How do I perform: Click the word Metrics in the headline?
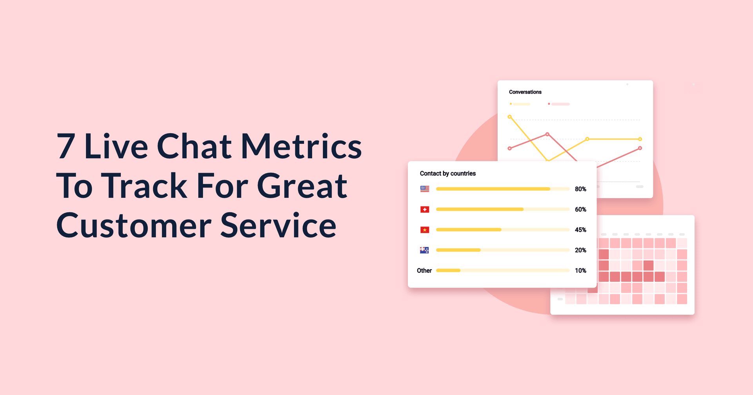point(301,146)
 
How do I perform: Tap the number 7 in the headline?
point(66,146)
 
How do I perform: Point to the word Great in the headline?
point(302,186)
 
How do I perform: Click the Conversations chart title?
point(525,92)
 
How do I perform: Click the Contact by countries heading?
point(448,174)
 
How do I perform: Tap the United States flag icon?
point(425,189)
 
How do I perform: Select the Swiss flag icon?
point(425,210)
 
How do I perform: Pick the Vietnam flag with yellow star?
point(425,230)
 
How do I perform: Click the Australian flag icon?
point(425,250)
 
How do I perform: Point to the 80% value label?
point(580,189)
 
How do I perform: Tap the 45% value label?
point(580,230)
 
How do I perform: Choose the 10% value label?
point(580,271)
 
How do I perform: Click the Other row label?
point(424,271)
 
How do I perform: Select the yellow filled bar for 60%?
point(480,209)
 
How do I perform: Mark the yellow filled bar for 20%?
point(458,250)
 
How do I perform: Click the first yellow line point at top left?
point(510,117)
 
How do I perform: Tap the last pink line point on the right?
point(640,148)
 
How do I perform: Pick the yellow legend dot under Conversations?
point(511,104)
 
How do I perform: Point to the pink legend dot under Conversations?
point(549,104)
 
